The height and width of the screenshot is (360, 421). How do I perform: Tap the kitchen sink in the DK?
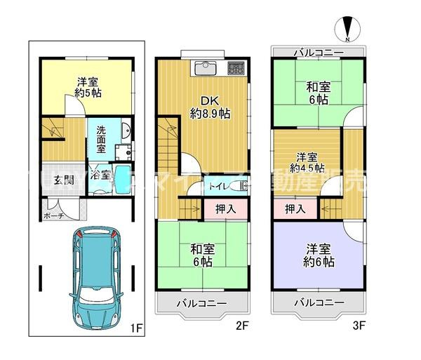click(206, 68)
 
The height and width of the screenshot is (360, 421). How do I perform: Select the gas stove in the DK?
click(234, 68)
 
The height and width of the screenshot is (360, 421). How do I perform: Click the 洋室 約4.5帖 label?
click(309, 162)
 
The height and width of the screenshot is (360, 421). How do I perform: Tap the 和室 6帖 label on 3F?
click(318, 93)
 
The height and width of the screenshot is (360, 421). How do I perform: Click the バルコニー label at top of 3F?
click(318, 53)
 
